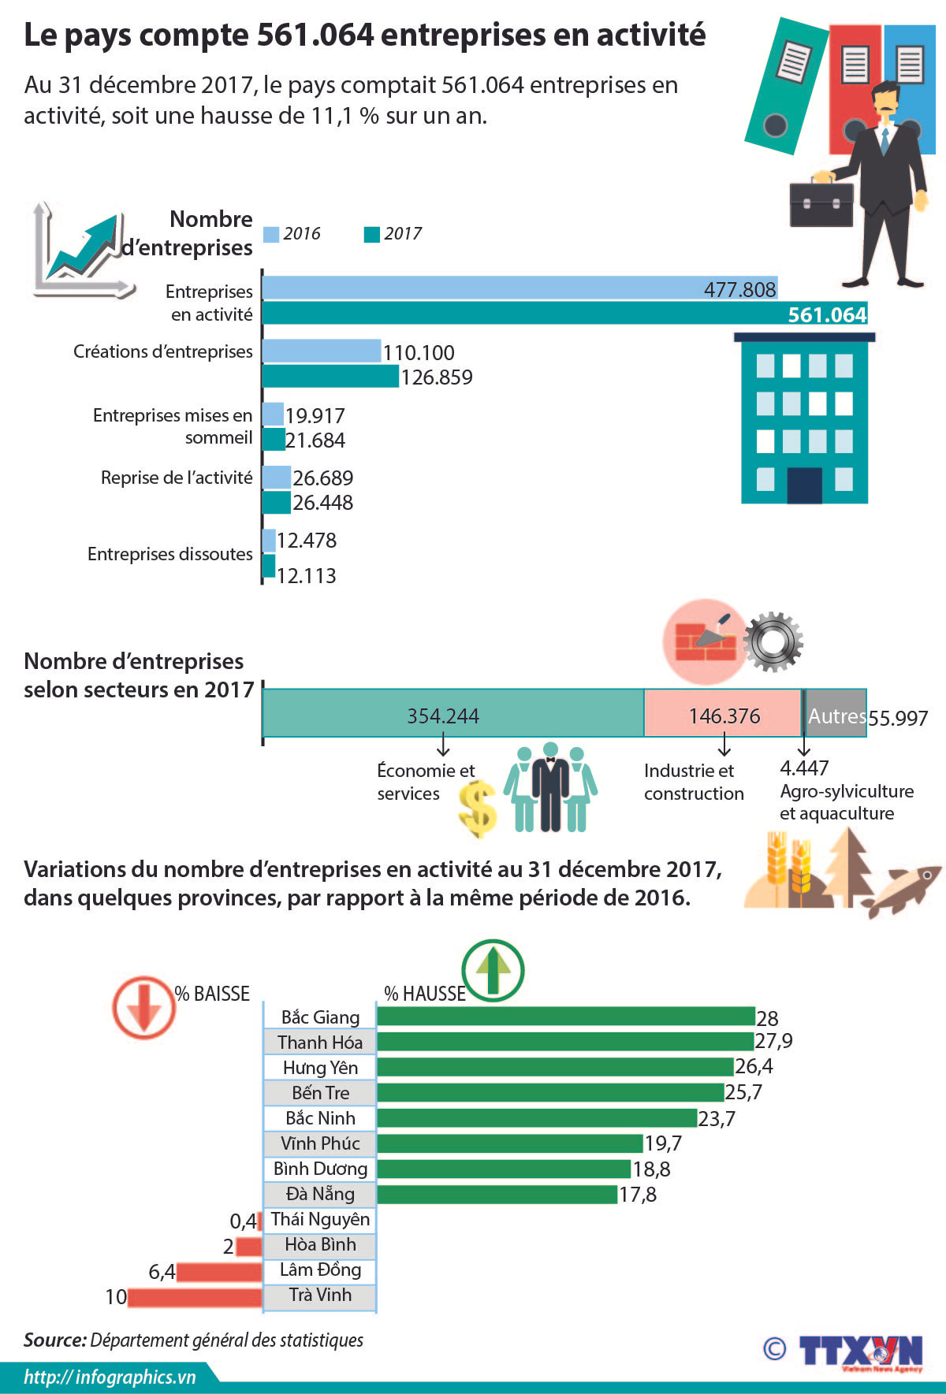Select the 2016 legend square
tap(271, 234)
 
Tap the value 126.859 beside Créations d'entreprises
tap(437, 377)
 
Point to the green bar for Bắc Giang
tap(565, 1017)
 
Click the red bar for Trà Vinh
tap(194, 1297)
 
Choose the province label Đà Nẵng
tap(320, 1194)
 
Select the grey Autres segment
tap(836, 714)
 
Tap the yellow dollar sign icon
tap(478, 809)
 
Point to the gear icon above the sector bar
tap(773, 641)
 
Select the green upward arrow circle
tap(493, 970)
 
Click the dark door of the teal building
tap(804, 485)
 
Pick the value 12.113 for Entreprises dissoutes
tap(307, 576)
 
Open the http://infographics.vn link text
tap(110, 1377)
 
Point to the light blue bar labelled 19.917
tap(273, 414)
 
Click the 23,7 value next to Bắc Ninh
tap(717, 1119)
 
